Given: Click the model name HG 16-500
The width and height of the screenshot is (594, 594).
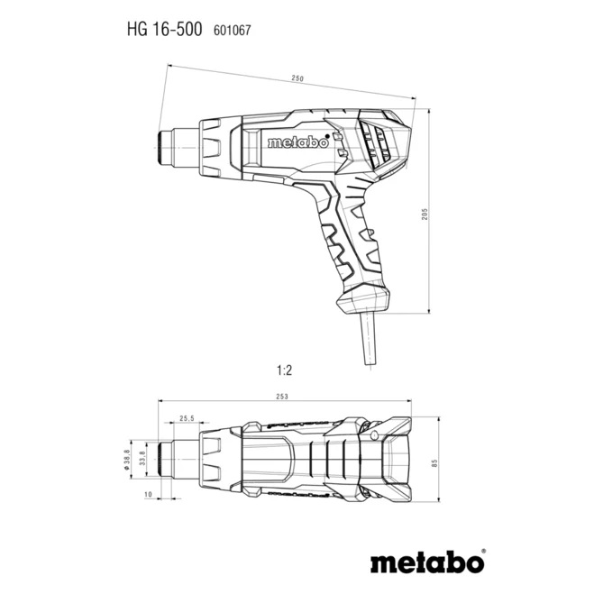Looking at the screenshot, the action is (164, 29).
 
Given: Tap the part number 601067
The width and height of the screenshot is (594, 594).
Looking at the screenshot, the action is (233, 31).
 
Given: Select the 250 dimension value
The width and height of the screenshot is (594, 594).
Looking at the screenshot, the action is (297, 78).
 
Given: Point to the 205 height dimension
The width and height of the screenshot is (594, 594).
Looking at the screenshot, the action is (425, 214).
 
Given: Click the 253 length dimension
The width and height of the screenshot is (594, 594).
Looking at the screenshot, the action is (282, 397).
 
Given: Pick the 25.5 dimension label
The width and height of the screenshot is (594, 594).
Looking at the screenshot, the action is (187, 418).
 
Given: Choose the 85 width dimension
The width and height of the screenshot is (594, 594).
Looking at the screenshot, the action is (434, 462).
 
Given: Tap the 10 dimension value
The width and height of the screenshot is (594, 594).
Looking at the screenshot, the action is (148, 494).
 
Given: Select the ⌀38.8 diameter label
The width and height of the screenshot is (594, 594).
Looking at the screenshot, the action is (127, 459).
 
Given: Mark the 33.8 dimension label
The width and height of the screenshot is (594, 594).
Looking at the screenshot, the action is (142, 459).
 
